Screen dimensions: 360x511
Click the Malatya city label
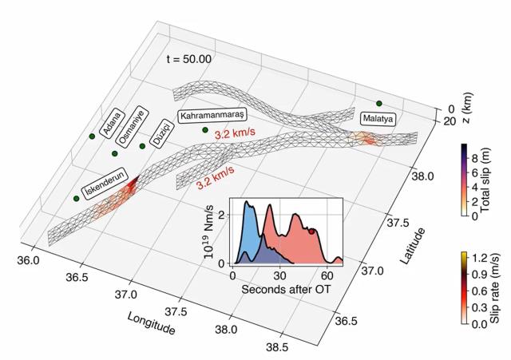(x=378, y=118)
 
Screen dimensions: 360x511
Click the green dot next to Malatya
(x=378, y=104)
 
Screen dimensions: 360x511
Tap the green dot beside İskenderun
(x=77, y=198)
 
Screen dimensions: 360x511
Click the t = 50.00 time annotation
(x=188, y=59)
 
